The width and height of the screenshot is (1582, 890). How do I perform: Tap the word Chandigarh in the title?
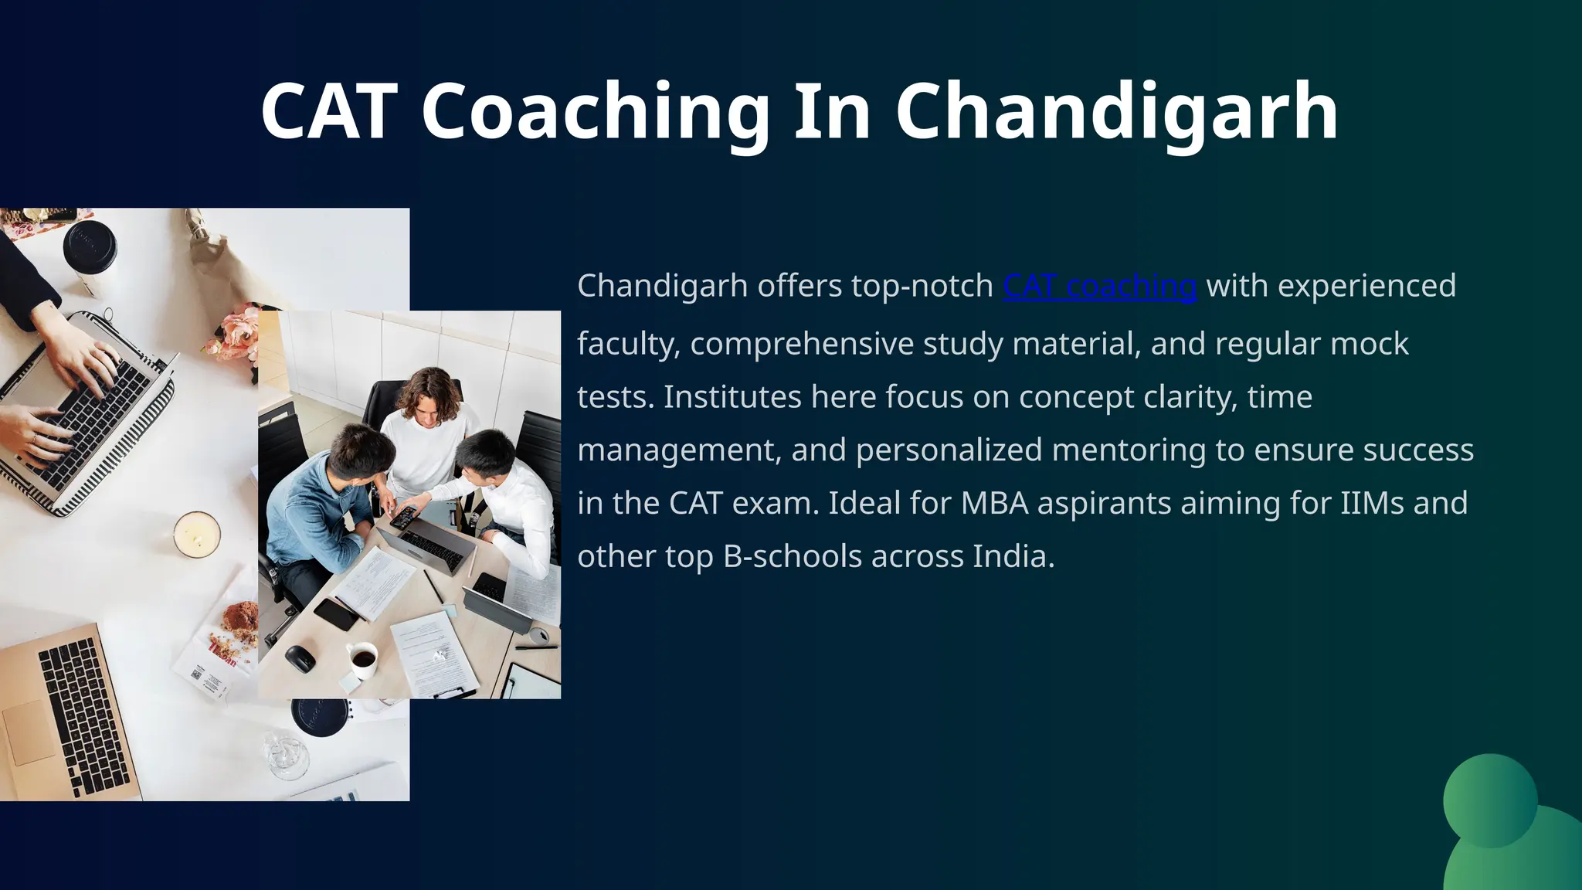[1116, 113]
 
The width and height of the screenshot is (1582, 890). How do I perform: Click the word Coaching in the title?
[595, 113]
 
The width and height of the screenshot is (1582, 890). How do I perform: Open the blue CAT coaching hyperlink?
[1099, 286]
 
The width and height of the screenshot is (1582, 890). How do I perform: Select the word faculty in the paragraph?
[628, 344]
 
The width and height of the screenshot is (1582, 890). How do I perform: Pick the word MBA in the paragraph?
[994, 503]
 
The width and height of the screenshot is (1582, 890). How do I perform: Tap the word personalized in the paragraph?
[949, 450]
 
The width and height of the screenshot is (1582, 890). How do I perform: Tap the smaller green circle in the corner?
[1490, 800]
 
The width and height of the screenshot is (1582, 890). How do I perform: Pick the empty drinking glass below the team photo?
[285, 754]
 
